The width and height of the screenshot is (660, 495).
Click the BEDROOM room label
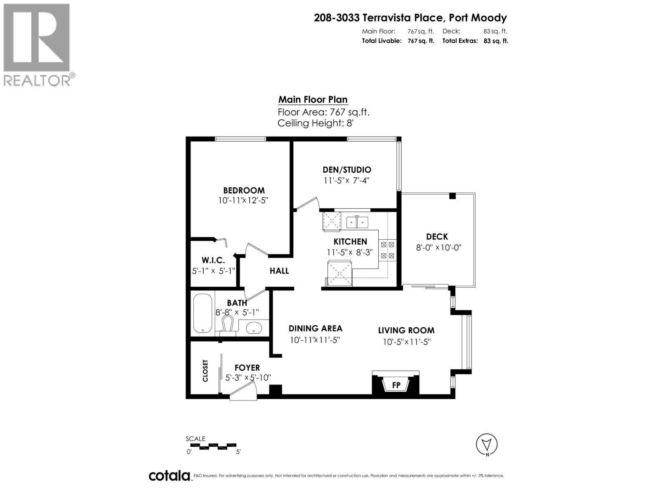pos(244,190)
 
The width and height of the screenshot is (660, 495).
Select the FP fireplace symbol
pos(396,385)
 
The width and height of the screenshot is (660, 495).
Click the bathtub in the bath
pos(203,313)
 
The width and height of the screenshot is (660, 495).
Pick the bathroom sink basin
pos(254,328)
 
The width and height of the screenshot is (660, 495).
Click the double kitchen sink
pos(357,222)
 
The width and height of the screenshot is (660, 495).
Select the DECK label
pos(437,236)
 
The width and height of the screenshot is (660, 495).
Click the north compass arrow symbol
pos(487,445)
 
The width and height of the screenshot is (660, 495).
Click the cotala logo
pos(169,476)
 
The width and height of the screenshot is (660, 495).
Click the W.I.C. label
pos(213,260)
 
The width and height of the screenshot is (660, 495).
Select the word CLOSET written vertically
pos(205,370)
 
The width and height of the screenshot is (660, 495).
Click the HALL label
pos(279,271)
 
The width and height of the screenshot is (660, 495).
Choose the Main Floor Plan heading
pos(313,99)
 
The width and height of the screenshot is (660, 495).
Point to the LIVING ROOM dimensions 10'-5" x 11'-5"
pos(406,342)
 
